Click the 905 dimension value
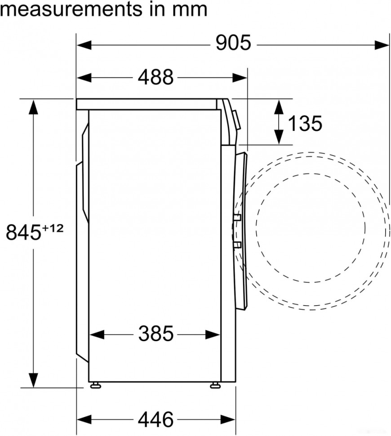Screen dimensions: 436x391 (x=232, y=44)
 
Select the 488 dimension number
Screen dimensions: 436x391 (x=155, y=77)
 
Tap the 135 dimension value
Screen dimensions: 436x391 (x=305, y=123)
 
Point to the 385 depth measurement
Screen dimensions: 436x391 (x=155, y=334)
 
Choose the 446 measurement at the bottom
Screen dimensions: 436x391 (x=155, y=419)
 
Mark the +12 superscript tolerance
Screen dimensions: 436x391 (x=53, y=228)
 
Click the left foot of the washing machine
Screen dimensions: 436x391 (x=95, y=385)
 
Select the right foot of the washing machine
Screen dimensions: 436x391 (x=215, y=385)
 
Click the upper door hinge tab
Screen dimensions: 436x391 (x=237, y=218)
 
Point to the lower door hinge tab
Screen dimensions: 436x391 (x=237, y=245)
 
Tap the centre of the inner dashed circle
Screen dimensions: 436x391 (x=311, y=227)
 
